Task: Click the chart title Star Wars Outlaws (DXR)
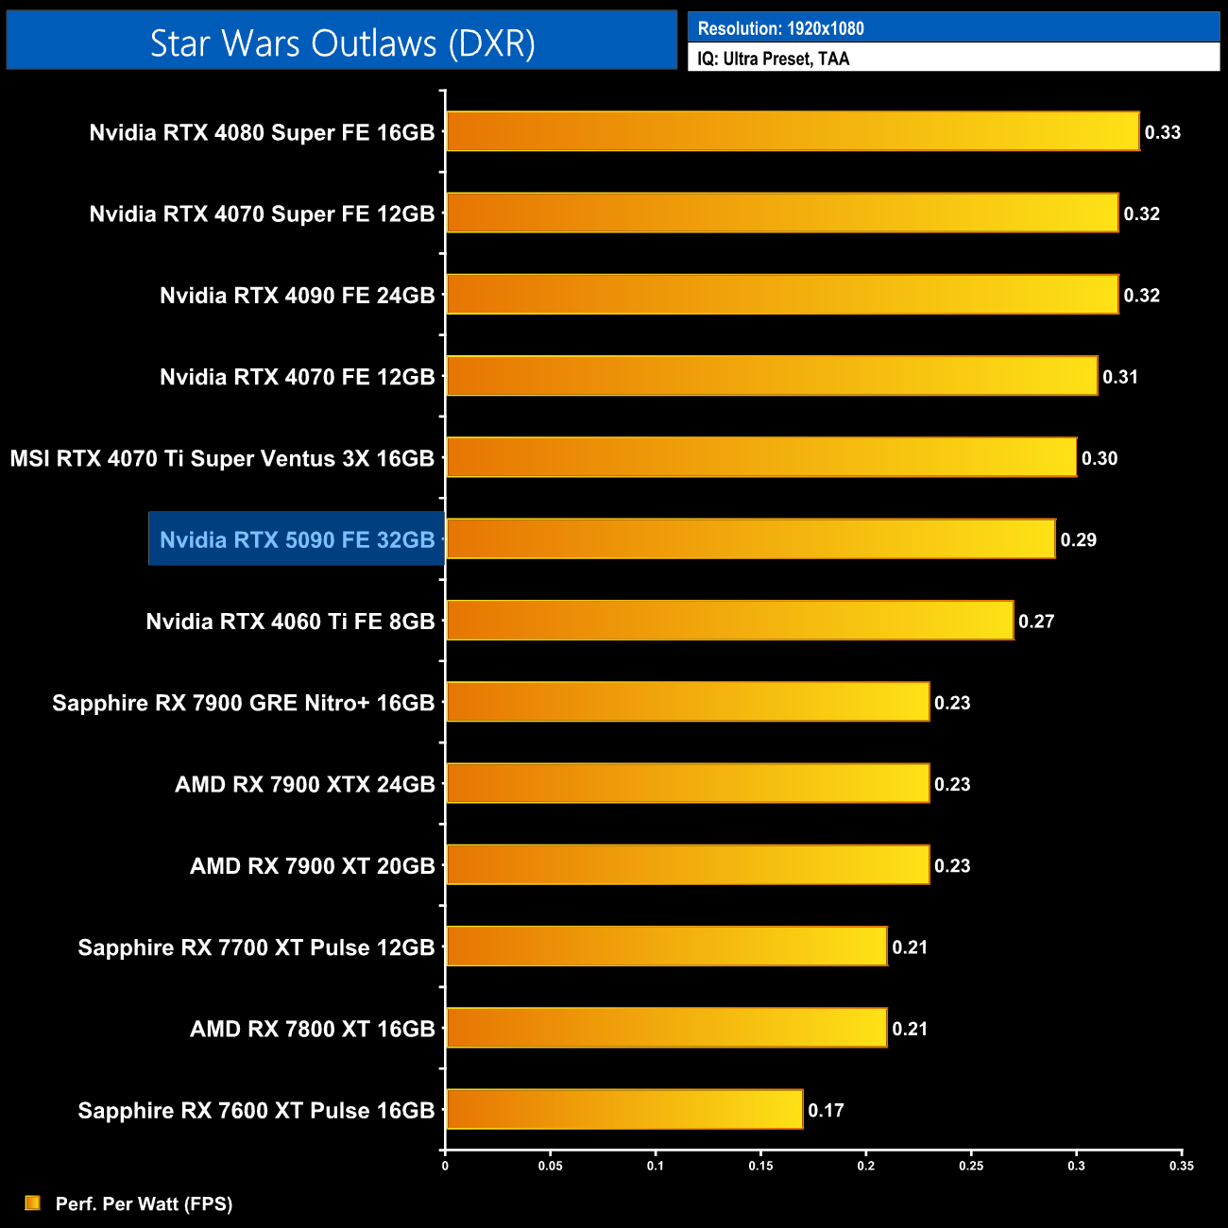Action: [x=342, y=43]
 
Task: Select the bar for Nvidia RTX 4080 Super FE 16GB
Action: [x=792, y=131]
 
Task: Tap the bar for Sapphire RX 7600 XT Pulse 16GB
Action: [x=623, y=1109]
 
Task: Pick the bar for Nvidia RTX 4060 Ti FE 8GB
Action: [x=728, y=621]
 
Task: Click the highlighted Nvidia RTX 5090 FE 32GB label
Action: [x=297, y=539]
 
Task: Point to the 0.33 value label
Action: [x=1162, y=132]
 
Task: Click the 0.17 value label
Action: [x=826, y=1110]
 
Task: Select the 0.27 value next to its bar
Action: [x=1035, y=622]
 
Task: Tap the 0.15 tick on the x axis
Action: [x=760, y=1166]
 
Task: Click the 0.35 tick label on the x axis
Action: [x=1181, y=1166]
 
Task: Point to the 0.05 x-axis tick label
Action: [x=550, y=1166]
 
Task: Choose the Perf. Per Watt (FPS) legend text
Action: [x=144, y=1203]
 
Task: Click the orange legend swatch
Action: [x=33, y=1202]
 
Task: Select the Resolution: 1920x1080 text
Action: [x=780, y=28]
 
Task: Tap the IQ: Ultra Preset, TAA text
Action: [x=773, y=59]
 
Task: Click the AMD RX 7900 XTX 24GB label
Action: [x=304, y=784]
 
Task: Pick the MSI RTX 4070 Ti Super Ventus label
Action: [x=222, y=458]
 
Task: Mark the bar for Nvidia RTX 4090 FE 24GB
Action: [x=781, y=295]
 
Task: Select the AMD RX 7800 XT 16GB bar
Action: [x=666, y=1028]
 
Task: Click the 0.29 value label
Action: [x=1078, y=540]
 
